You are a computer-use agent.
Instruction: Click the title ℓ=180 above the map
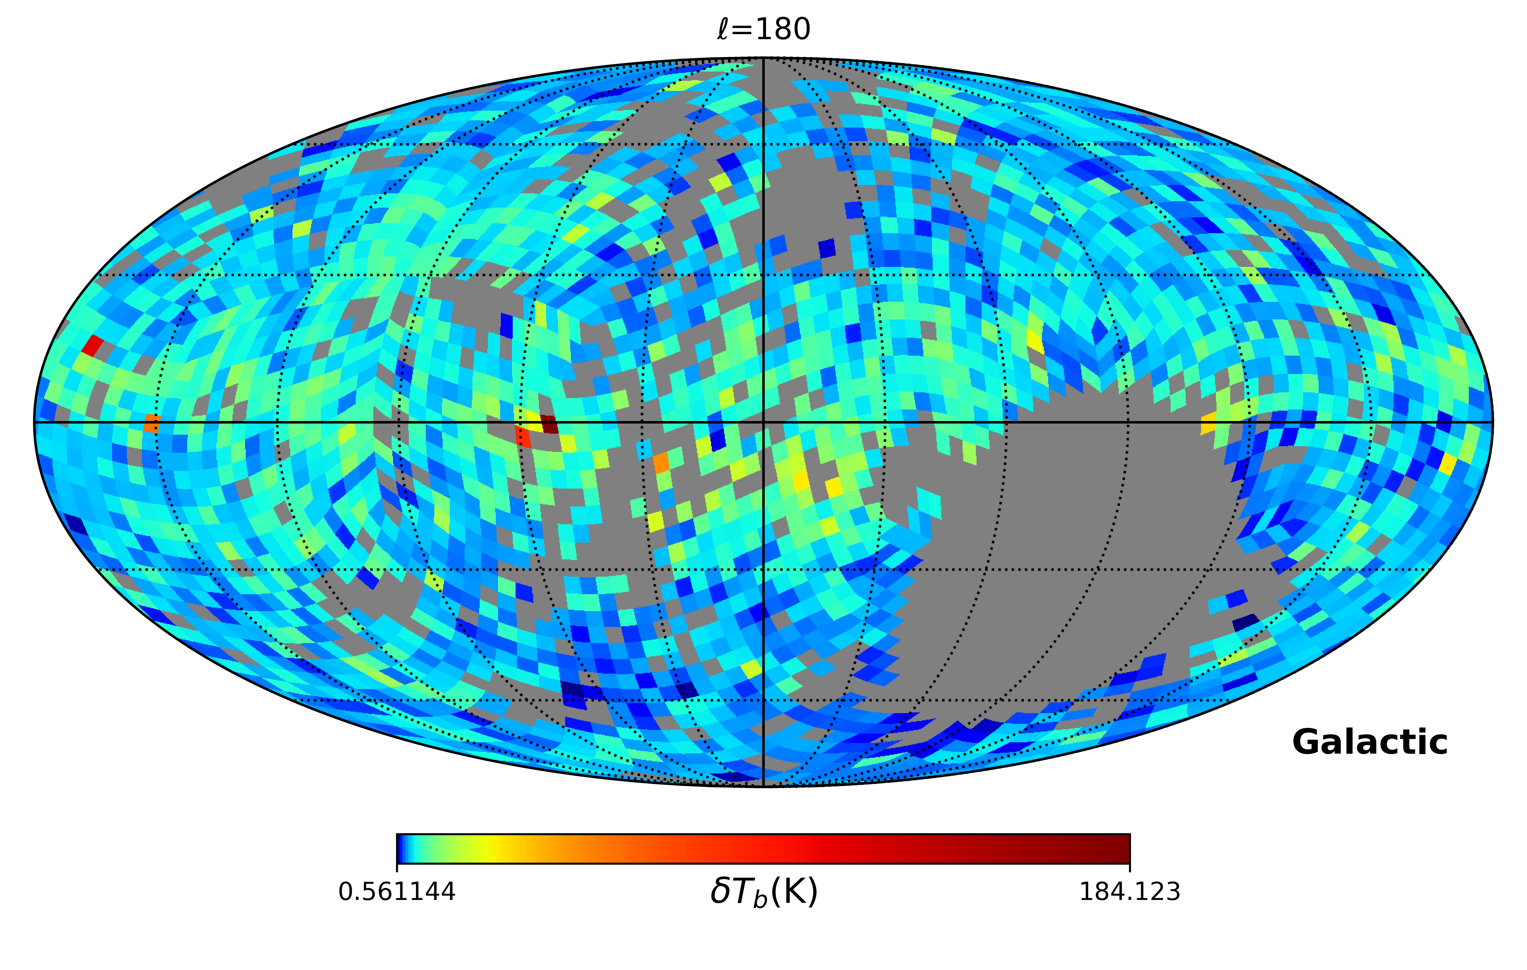click(763, 29)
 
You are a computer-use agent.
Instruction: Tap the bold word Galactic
click(1370, 742)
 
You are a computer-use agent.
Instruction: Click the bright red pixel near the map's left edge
click(93, 346)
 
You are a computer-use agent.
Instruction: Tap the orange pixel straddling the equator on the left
click(151, 423)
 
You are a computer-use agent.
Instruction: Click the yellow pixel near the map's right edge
click(1448, 464)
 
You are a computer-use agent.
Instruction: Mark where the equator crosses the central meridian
click(763, 422)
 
